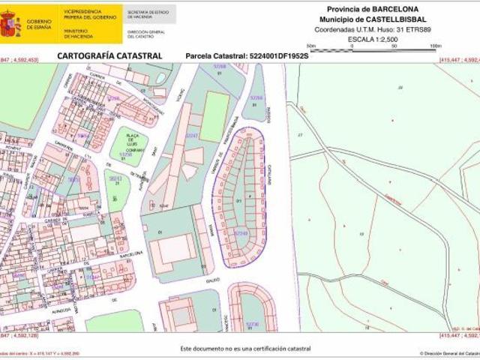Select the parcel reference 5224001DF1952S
coord(278,56)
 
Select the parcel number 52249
coord(241,233)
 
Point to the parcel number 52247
coord(192,136)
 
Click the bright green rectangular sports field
coord(214,116)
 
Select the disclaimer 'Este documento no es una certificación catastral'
coord(245,349)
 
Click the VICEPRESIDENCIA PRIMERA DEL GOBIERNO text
coord(89,15)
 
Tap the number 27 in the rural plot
coord(300,133)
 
